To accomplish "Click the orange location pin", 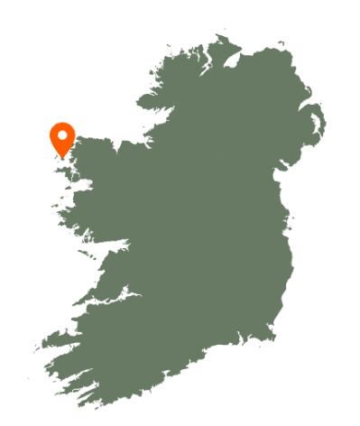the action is click(x=62, y=138).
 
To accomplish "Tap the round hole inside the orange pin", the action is click(x=62, y=135).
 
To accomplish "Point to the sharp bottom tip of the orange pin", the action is click(x=62, y=157).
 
